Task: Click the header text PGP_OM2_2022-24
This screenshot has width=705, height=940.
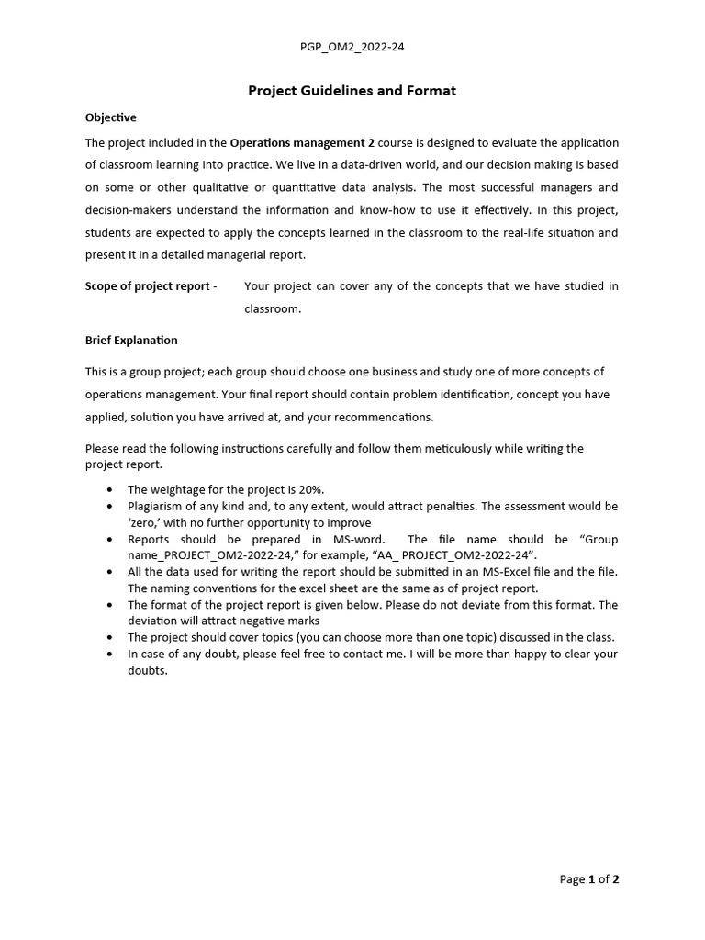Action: [352, 46]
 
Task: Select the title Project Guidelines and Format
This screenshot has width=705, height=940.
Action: [352, 91]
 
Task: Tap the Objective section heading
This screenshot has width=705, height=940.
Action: [111, 117]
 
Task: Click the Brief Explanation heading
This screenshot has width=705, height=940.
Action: [131, 340]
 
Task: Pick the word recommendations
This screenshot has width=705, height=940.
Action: [386, 417]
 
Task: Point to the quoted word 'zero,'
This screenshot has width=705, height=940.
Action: [145, 522]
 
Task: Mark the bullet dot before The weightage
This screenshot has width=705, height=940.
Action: [111, 490]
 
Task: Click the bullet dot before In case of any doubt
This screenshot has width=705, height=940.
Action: [111, 655]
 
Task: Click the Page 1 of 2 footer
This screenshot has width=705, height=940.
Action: [589, 879]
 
